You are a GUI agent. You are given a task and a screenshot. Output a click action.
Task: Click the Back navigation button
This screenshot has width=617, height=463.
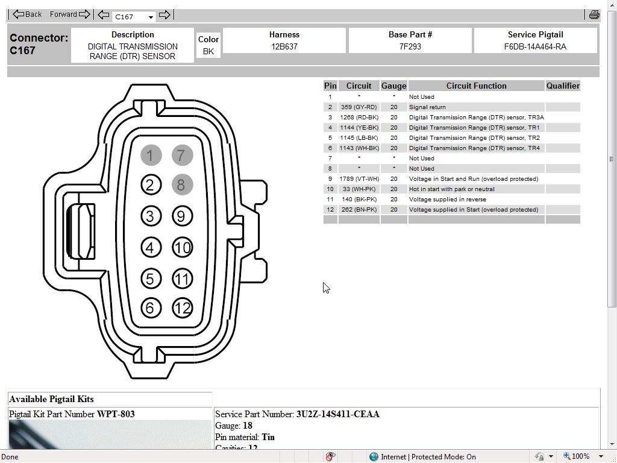tap(27, 14)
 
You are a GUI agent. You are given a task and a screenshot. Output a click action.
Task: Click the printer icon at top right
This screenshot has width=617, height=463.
tap(594, 14)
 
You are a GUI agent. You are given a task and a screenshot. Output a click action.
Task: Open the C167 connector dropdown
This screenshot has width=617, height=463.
tap(151, 17)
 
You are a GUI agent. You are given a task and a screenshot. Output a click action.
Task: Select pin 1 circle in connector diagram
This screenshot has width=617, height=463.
tap(151, 156)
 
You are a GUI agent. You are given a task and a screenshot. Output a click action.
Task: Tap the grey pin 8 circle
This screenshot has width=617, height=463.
tap(182, 184)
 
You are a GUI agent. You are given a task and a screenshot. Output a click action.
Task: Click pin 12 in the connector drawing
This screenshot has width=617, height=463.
tap(182, 308)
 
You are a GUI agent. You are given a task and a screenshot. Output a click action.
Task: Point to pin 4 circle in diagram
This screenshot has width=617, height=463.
tap(151, 247)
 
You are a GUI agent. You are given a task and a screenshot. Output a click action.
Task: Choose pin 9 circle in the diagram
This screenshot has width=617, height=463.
tap(182, 216)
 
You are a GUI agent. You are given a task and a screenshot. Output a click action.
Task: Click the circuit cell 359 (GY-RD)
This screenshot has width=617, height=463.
tap(359, 107)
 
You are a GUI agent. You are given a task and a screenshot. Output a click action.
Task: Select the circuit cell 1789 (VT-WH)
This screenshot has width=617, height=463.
tap(359, 179)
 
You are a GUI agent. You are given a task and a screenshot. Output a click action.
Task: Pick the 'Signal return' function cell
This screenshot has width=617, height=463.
tap(427, 107)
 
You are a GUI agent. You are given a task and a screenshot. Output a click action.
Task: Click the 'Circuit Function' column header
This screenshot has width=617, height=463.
tap(476, 86)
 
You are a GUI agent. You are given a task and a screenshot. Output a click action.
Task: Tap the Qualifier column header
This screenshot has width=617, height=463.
tap(563, 86)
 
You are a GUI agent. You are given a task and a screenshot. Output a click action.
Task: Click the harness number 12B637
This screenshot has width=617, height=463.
tap(284, 46)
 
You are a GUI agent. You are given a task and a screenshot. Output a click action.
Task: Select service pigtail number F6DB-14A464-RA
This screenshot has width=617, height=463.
tap(535, 46)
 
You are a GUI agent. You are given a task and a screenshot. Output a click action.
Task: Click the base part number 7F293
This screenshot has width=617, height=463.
tap(410, 46)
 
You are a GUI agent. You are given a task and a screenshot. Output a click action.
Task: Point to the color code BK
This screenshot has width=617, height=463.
tap(208, 51)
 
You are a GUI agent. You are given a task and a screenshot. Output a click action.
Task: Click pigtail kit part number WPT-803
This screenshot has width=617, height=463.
tap(116, 414)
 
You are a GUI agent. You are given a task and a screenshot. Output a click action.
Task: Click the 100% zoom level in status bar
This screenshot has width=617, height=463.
tap(580, 456)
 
